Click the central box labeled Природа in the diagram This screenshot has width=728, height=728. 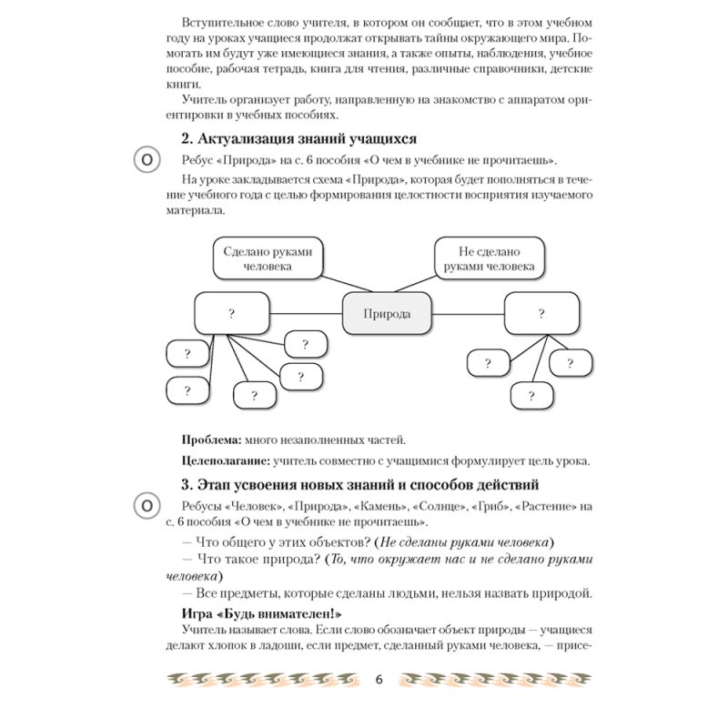pyautogui.click(x=387, y=314)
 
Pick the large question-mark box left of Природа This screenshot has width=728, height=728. pyautogui.click(x=232, y=314)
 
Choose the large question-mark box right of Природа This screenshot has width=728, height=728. pyautogui.click(x=541, y=314)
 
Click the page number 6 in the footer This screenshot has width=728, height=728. pyautogui.click(x=377, y=680)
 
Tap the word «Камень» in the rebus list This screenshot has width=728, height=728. pyautogui.click(x=380, y=505)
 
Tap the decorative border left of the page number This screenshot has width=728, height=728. pyautogui.click(x=264, y=680)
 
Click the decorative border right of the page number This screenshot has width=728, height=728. pyautogui.click(x=492, y=680)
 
